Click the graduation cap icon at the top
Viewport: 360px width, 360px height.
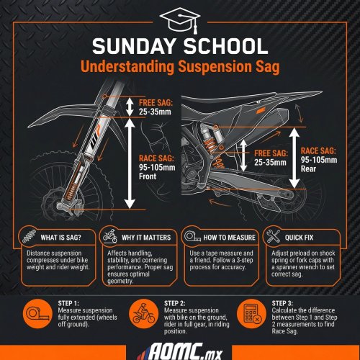180,20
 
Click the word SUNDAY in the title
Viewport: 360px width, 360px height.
134,46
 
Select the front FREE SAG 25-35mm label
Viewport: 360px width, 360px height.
156,107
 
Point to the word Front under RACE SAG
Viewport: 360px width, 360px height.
148,176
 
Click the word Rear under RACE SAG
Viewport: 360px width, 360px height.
308,168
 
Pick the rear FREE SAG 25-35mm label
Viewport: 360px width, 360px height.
271,158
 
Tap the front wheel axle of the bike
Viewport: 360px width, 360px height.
60,206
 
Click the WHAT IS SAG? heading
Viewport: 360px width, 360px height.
61,238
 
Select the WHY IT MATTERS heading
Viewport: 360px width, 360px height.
146,238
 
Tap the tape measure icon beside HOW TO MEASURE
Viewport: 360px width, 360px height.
192,237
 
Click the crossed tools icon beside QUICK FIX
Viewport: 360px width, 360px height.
273,236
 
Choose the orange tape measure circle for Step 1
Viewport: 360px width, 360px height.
37,314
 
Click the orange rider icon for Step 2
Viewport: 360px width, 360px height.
143,314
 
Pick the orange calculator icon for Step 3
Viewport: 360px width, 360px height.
251,314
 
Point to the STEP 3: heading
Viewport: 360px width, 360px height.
282,303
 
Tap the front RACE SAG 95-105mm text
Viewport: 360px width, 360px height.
157,163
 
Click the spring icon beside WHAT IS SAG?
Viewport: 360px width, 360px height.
30,236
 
